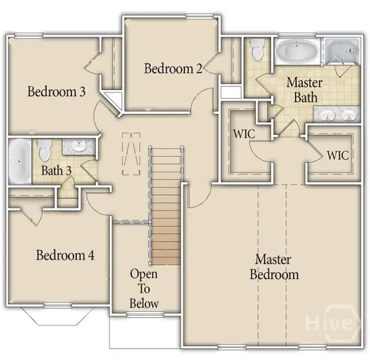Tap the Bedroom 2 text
(173, 69)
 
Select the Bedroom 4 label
(65, 255)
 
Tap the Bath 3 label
(56, 170)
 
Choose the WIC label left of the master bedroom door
(244, 135)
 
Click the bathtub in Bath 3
(19, 160)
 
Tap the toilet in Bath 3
(45, 148)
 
